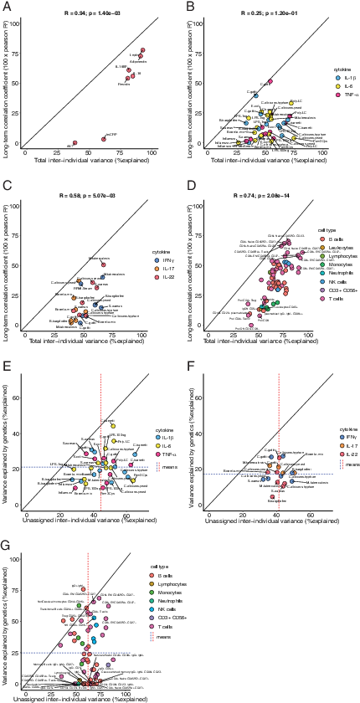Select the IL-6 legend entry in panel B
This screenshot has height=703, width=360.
(330, 86)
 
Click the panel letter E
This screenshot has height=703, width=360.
(6, 365)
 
